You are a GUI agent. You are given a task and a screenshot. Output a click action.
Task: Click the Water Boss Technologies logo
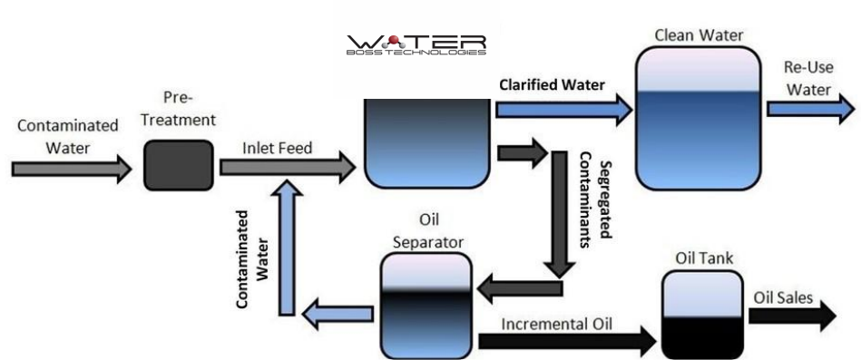click(416, 45)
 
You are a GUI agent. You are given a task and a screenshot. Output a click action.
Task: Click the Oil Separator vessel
click(426, 303)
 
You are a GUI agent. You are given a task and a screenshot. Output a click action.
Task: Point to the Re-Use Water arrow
click(809, 109)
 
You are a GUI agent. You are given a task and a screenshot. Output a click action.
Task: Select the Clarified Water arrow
click(563, 110)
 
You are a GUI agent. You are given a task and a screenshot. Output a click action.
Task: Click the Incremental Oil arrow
click(566, 340)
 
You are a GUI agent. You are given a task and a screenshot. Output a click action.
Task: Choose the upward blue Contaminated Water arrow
click(286, 245)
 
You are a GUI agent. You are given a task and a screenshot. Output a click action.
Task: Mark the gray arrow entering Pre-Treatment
click(71, 170)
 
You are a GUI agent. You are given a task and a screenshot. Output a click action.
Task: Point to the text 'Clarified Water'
click(553, 84)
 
